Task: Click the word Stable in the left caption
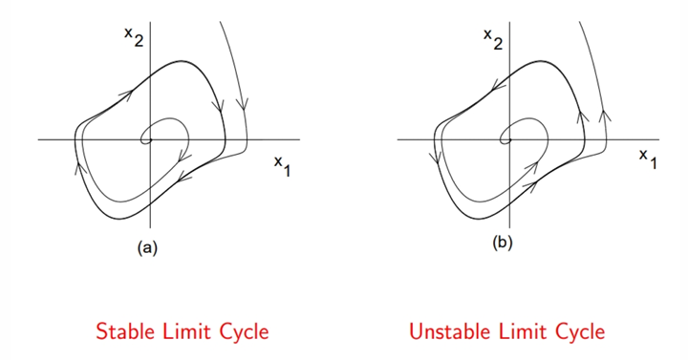(x=125, y=331)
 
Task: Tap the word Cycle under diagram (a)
(x=244, y=332)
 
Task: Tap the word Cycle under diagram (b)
(x=580, y=332)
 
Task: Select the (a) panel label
(x=147, y=247)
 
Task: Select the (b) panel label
(x=503, y=243)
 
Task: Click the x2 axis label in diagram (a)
(x=134, y=37)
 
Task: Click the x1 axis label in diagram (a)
(x=282, y=166)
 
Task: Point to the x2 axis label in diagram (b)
(x=493, y=39)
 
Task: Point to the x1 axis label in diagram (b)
(x=648, y=159)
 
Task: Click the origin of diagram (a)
(x=151, y=139)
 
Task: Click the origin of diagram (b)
(x=509, y=139)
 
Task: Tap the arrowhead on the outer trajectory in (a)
(x=242, y=104)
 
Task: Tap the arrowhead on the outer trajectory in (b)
(x=605, y=116)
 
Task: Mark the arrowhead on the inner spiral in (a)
(x=183, y=156)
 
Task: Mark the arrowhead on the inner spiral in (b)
(x=532, y=167)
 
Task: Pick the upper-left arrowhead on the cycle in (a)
(x=127, y=95)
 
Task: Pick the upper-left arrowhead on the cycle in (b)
(x=497, y=86)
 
